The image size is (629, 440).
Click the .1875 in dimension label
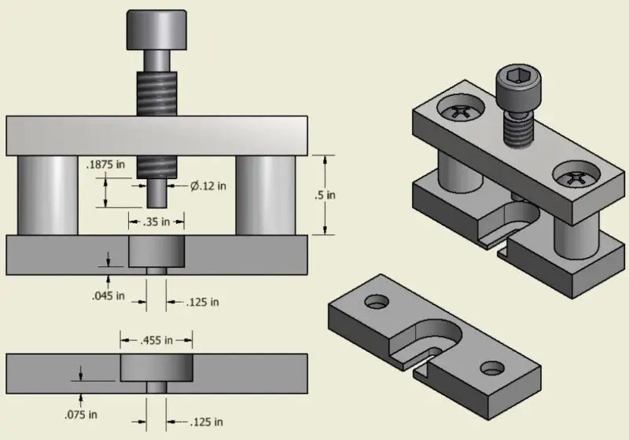click(x=105, y=166)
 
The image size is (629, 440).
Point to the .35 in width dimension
click(x=156, y=221)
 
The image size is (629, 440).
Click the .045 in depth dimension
click(x=109, y=296)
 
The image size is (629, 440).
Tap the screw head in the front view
click(x=156, y=29)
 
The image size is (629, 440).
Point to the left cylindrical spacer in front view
click(x=46, y=195)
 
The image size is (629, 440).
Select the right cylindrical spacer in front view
click(x=266, y=195)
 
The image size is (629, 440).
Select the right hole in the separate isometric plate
click(x=493, y=366)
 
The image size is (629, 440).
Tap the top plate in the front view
click(x=156, y=135)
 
